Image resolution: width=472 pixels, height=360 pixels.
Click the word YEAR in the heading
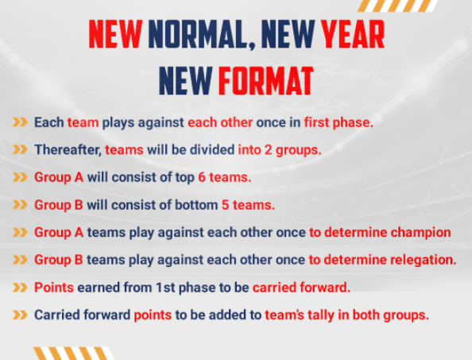point(353,34)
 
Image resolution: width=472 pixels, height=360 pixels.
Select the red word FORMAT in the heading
point(266,81)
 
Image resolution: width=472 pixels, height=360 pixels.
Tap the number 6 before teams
point(202,177)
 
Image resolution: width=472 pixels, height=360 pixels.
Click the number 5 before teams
point(226,205)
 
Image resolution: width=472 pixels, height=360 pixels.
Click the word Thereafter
point(68,149)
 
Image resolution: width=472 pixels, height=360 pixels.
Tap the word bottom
point(196,205)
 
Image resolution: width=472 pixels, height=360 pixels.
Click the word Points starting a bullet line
point(54,288)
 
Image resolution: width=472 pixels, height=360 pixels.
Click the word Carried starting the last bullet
point(57,315)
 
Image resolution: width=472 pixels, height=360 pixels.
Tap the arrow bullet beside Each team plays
point(20,122)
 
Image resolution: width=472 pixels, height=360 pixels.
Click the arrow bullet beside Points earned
point(20,288)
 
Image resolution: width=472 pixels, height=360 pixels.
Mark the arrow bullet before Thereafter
point(20,149)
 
